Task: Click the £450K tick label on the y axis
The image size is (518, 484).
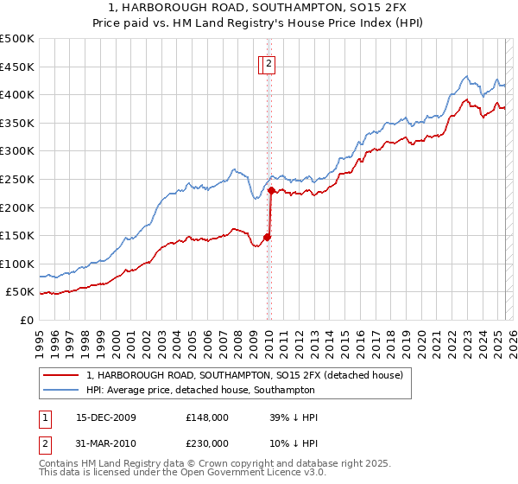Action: click(x=17, y=67)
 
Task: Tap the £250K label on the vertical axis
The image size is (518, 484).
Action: click(x=17, y=179)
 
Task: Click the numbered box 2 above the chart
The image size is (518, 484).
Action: click(x=269, y=62)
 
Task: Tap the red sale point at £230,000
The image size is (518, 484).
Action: click(x=271, y=190)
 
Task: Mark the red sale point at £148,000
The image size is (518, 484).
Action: click(x=268, y=237)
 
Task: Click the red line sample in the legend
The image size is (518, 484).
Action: click(x=60, y=375)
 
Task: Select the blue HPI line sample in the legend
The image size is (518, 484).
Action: click(x=60, y=390)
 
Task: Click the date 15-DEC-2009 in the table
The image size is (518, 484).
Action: click(x=105, y=417)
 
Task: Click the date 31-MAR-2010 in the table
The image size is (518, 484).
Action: click(x=105, y=443)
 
